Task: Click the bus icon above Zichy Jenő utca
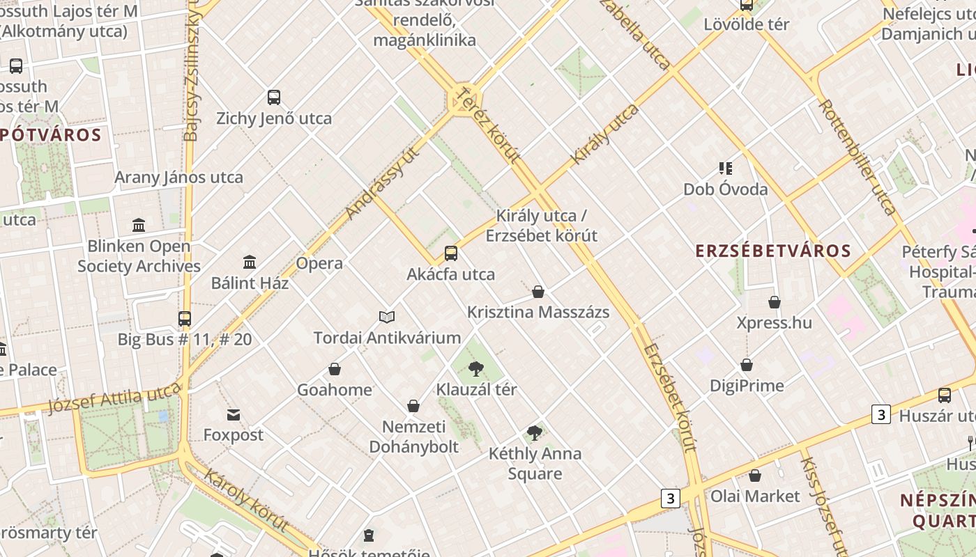[274, 97]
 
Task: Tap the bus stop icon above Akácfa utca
[451, 253]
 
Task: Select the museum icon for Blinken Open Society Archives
[139, 226]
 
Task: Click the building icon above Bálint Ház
[250, 262]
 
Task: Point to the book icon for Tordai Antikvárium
[387, 317]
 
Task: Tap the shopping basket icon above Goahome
[335, 369]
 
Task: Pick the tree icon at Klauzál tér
[476, 369]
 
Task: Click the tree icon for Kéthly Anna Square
[535, 433]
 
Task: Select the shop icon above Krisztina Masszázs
[538, 292]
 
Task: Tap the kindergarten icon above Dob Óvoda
[726, 168]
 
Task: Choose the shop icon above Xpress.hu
[775, 302]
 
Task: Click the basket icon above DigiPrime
[747, 365]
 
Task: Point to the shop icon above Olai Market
[755, 476]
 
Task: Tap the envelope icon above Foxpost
[234, 415]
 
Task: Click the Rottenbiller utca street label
[857, 156]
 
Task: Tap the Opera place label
[319, 263]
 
